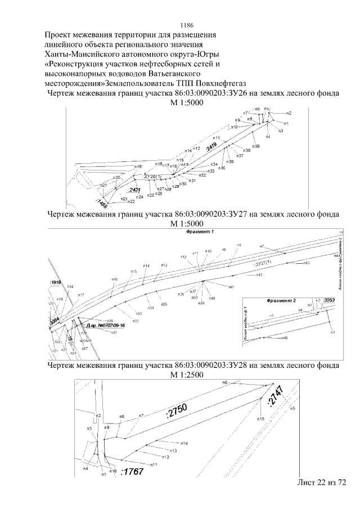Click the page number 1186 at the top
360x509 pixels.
point(187,25)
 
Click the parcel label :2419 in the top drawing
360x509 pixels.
point(211,148)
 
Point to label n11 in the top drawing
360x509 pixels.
point(216,138)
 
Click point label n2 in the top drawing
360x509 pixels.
point(289,113)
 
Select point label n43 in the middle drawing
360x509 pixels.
point(306,263)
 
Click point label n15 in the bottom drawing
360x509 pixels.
point(261,420)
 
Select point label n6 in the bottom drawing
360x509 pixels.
point(224,382)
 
